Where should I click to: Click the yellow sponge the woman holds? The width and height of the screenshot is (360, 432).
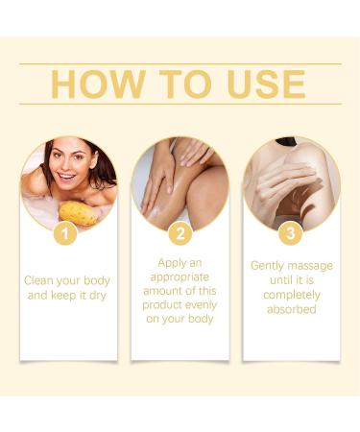[x=77, y=213]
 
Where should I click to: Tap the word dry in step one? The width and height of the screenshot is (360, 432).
[x=95, y=297]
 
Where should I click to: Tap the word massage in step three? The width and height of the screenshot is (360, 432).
[x=311, y=265]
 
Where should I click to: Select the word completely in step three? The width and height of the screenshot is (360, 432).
[x=291, y=296]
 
